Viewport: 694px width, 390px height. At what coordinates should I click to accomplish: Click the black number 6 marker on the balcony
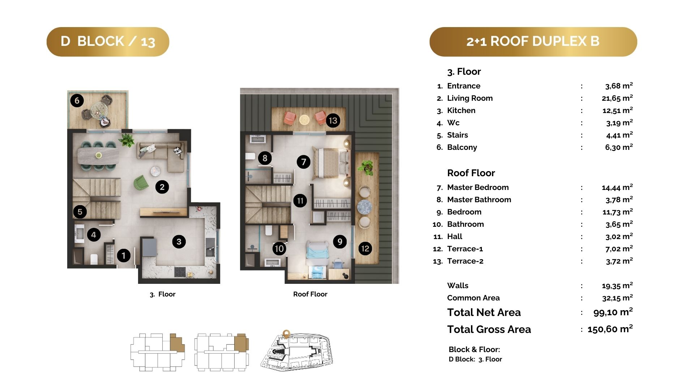pos(77,100)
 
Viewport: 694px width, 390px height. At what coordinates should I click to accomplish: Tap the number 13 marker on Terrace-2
pos(333,120)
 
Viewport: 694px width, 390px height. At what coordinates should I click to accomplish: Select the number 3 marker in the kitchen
pos(179,242)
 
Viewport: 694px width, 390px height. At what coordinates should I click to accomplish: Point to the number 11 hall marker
pos(300,200)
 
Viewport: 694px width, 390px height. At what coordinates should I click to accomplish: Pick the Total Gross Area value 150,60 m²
pos(610,329)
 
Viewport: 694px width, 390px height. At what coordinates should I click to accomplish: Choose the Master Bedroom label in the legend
pos(478,187)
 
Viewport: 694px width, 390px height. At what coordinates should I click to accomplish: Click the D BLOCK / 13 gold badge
pos(108,42)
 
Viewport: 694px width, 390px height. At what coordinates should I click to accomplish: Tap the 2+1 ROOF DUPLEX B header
pos(533,42)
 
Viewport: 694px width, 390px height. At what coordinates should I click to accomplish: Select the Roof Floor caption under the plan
pos(310,294)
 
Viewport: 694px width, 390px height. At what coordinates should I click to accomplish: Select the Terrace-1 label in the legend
pos(465,248)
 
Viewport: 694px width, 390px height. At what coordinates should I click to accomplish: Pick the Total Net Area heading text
pos(484,312)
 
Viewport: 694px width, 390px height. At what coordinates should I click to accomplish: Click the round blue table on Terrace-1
pos(364,207)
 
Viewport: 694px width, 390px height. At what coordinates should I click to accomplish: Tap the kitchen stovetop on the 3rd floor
pos(180,272)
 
